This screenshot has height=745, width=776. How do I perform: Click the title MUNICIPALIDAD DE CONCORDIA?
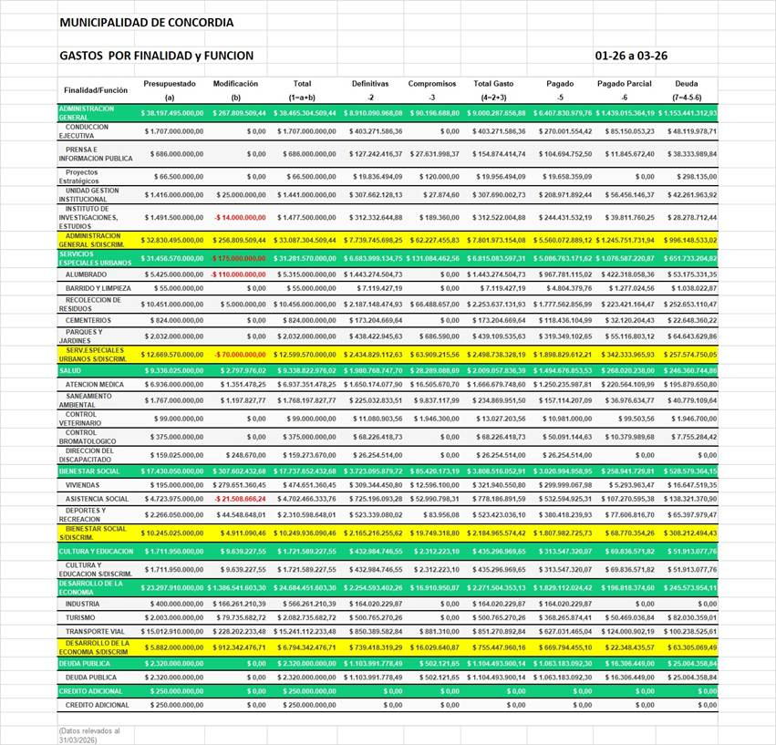146,22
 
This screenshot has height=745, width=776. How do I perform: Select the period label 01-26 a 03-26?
631,56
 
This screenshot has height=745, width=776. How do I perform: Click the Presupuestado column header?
170,84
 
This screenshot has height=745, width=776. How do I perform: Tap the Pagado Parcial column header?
625,84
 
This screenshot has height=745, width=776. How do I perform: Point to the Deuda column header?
687,84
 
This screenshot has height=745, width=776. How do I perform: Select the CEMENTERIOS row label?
88,320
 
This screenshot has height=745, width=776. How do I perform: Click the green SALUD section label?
70,370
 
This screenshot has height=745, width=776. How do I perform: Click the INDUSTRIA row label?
83,604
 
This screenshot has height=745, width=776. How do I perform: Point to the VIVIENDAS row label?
83,486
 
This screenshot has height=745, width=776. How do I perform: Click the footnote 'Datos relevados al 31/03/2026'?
90,734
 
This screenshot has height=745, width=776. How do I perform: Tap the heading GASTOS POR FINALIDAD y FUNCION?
156,56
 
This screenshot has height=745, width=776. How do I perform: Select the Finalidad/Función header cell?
96,90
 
